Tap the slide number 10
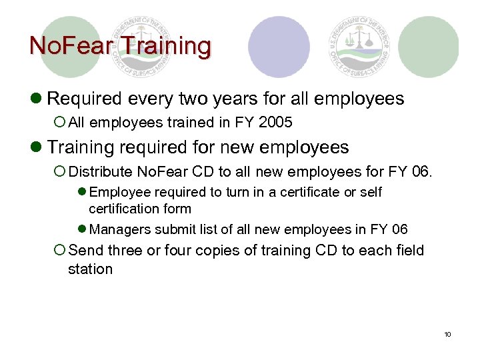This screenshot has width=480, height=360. [447, 334]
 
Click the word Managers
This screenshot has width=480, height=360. [119, 229]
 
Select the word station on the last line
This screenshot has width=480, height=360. [90, 269]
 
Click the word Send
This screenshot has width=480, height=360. [85, 251]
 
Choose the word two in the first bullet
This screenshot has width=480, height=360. [199, 99]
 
